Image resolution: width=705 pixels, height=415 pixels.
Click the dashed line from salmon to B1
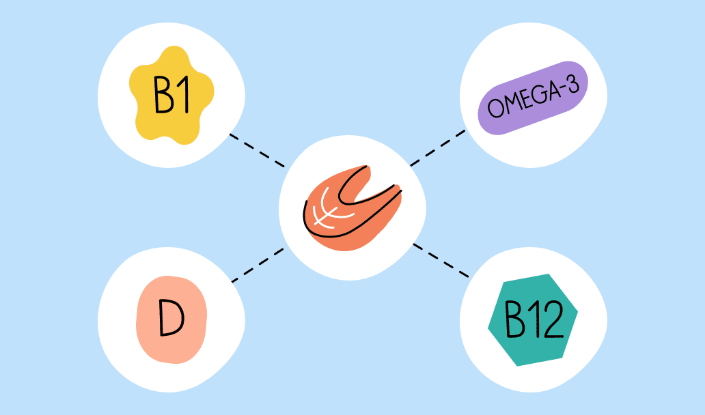257,150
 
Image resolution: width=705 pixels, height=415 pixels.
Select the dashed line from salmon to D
257,265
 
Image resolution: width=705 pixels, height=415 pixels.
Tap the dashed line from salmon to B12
441,259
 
